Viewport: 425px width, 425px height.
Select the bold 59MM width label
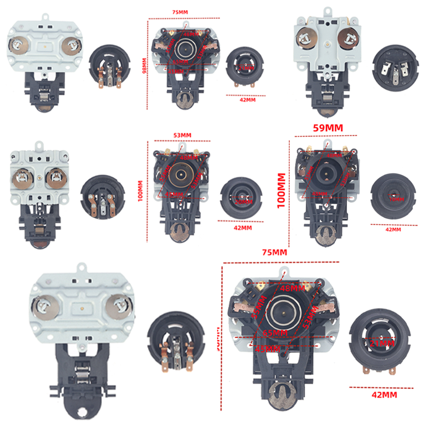(x=328, y=127)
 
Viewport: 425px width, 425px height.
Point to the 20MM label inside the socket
(x=243, y=202)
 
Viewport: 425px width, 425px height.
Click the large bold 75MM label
(x=274, y=252)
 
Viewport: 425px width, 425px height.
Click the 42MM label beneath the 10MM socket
(x=392, y=229)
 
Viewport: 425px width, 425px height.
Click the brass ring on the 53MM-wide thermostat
(x=181, y=174)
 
